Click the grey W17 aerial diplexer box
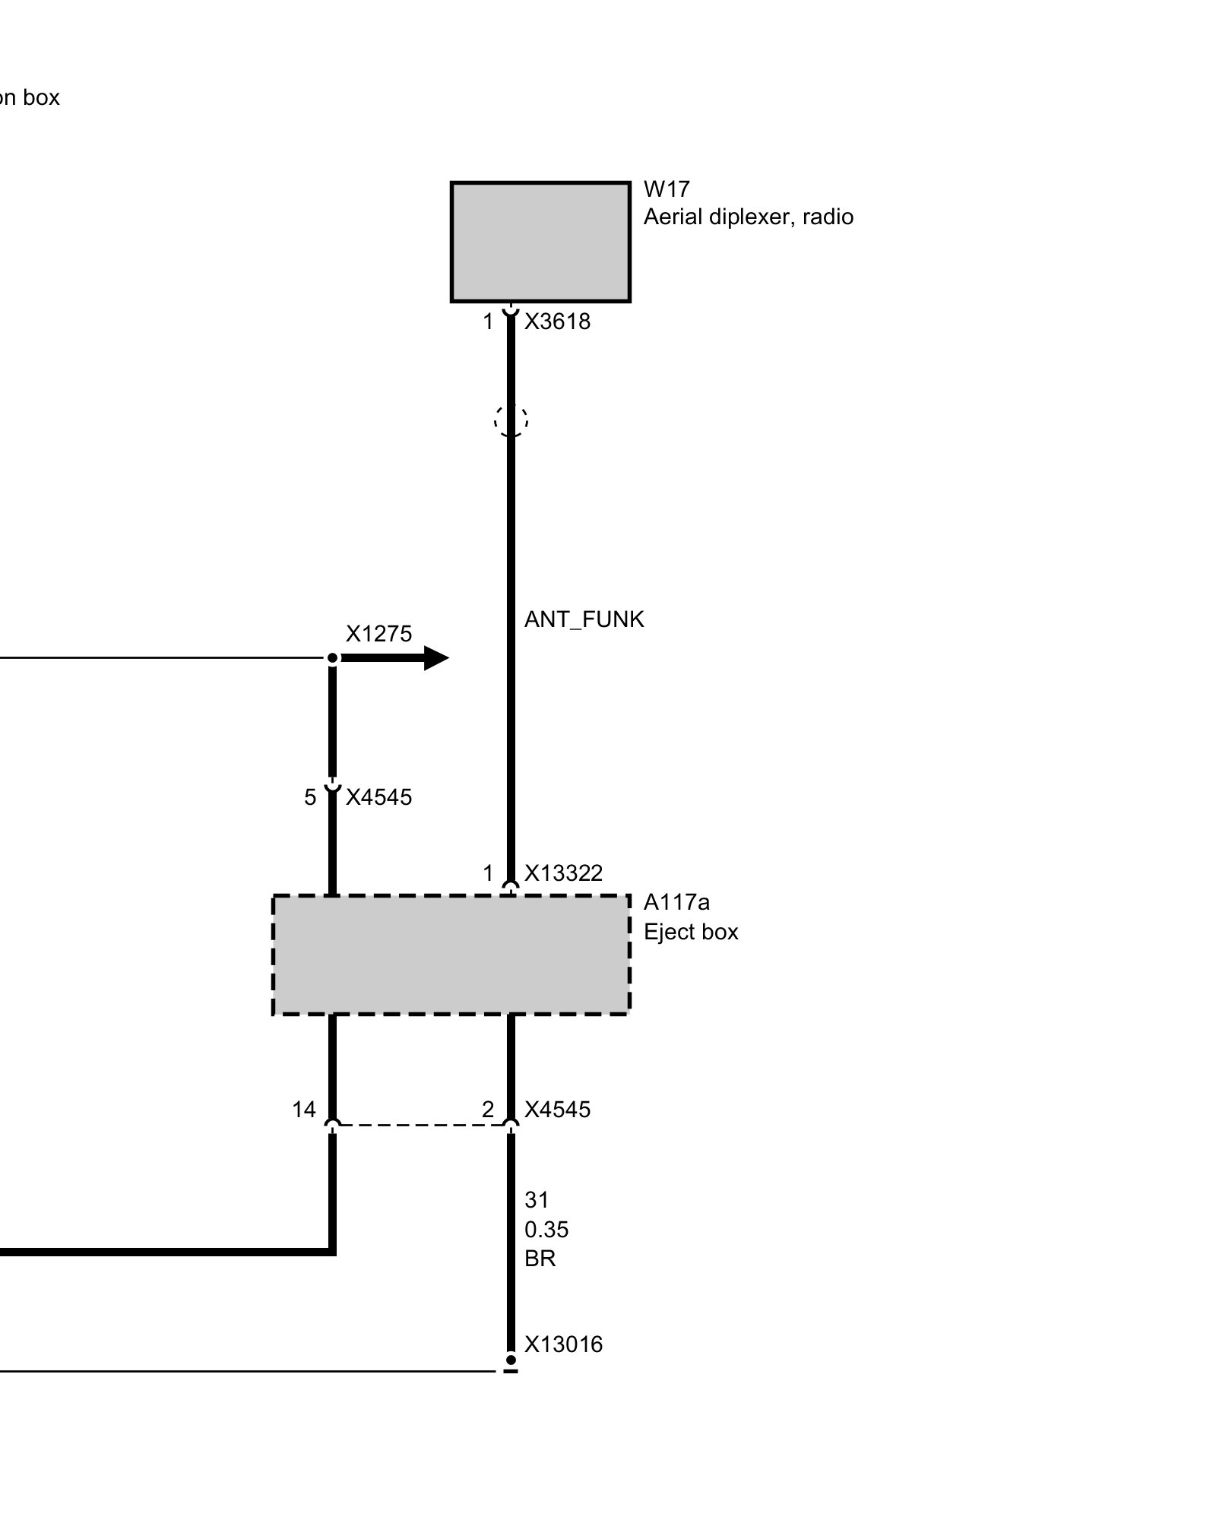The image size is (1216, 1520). pyautogui.click(x=540, y=242)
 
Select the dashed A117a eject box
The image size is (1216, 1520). pyautogui.click(x=451, y=955)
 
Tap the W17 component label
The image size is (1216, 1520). pyautogui.click(x=666, y=188)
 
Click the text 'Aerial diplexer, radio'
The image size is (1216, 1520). pyautogui.click(x=748, y=217)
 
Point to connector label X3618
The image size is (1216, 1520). pyautogui.click(x=557, y=321)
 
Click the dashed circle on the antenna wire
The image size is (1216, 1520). pyautogui.click(x=511, y=420)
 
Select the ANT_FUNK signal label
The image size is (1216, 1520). pyautogui.click(x=584, y=619)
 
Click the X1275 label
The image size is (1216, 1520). pyautogui.click(x=378, y=634)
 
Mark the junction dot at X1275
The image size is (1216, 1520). pyautogui.click(x=332, y=657)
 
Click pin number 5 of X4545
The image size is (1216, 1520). pyautogui.click(x=310, y=797)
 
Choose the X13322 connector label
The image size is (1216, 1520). pyautogui.click(x=563, y=873)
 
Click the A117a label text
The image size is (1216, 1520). pyautogui.click(x=676, y=902)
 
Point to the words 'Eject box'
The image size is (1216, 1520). pyautogui.click(x=691, y=932)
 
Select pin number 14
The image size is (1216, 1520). pyautogui.click(x=304, y=1110)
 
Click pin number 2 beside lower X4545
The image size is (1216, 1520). pyautogui.click(x=488, y=1110)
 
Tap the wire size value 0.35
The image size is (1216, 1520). pyautogui.click(x=546, y=1229)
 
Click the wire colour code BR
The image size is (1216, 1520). pyautogui.click(x=540, y=1259)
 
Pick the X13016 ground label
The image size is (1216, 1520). pyautogui.click(x=563, y=1344)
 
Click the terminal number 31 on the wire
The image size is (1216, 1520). pyautogui.click(x=537, y=1200)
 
